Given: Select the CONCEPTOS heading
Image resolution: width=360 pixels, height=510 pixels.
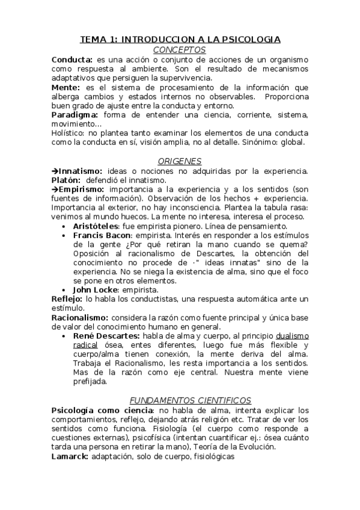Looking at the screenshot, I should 180,50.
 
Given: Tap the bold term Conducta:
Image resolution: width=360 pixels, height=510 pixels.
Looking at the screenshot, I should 72,60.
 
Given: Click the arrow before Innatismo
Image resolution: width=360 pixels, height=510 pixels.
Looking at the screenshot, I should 54,171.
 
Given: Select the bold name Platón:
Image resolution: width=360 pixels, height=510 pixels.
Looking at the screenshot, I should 66,180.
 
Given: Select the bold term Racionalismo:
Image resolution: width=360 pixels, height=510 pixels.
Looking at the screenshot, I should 80,317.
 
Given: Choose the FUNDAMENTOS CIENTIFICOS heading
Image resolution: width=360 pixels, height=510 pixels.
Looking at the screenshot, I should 191,400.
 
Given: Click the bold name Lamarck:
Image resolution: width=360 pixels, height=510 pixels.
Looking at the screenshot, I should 70,456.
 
